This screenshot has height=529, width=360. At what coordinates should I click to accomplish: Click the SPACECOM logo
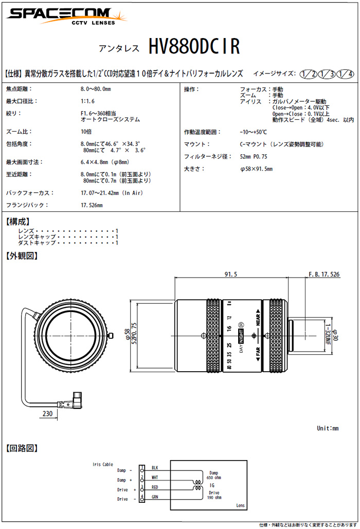(66, 16)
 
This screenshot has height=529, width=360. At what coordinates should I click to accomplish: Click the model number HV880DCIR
(194, 46)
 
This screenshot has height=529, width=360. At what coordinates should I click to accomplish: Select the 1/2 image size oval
(309, 74)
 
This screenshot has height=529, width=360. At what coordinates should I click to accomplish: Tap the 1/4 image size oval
(345, 74)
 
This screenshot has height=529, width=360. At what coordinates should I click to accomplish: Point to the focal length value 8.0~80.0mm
(96, 89)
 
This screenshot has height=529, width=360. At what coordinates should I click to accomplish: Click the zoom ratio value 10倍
(86, 132)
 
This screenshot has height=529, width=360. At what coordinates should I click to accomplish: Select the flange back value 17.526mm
(92, 205)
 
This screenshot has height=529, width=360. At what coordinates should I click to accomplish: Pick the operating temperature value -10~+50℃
(253, 132)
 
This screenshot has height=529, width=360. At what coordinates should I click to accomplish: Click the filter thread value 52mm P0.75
(254, 156)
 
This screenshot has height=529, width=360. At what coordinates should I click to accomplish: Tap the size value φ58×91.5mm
(256, 169)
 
